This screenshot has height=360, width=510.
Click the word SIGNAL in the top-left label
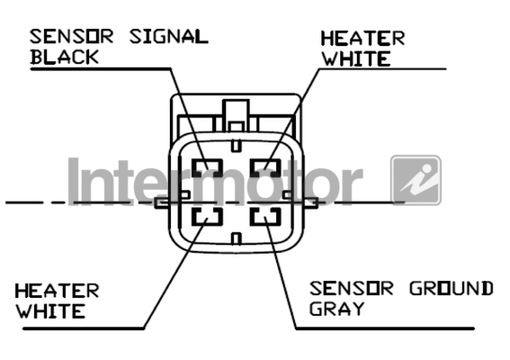point(168,37)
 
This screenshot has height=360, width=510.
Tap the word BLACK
point(64,57)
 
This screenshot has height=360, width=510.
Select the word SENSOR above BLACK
point(72,37)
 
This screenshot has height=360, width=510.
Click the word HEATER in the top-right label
point(362,39)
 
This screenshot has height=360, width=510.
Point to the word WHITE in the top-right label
point(356,59)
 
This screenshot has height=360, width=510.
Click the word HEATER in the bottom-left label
point(58,291)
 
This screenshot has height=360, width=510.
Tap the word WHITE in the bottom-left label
point(50,311)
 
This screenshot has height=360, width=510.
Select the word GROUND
point(452,288)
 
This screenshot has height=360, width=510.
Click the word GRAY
point(336,309)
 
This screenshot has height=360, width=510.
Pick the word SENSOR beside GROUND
point(352,288)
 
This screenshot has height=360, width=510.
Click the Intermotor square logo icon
point(416,180)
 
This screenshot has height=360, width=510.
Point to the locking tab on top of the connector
point(237,115)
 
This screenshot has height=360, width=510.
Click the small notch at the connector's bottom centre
point(237,238)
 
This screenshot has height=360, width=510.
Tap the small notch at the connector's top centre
point(237,146)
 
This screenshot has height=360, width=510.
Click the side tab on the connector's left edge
point(162,203)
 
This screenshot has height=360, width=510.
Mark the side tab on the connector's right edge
point(311,203)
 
